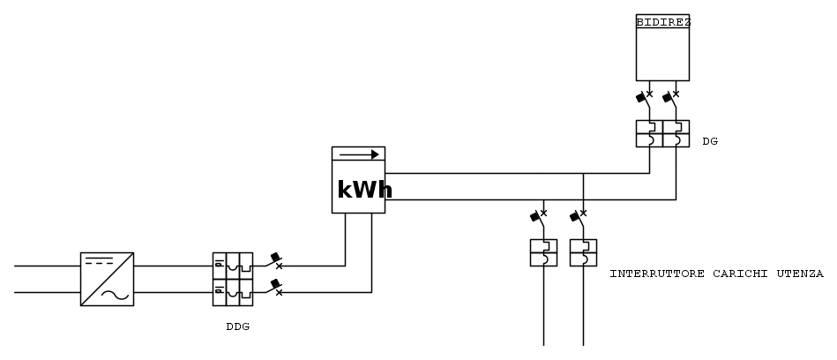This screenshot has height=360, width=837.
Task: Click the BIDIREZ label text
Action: [x=662, y=20]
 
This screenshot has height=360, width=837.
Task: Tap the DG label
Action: [x=710, y=140]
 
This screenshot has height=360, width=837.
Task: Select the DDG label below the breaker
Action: [x=238, y=326]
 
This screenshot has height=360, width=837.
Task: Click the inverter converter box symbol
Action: [x=107, y=279]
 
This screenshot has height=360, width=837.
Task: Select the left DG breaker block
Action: [x=649, y=133]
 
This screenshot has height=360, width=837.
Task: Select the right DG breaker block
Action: [x=676, y=133]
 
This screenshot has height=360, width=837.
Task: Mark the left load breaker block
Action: [x=542, y=252]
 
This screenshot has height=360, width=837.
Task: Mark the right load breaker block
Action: [x=583, y=252]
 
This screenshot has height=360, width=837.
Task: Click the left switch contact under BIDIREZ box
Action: [x=645, y=96]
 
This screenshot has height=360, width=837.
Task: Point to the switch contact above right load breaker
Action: [x=579, y=216]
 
